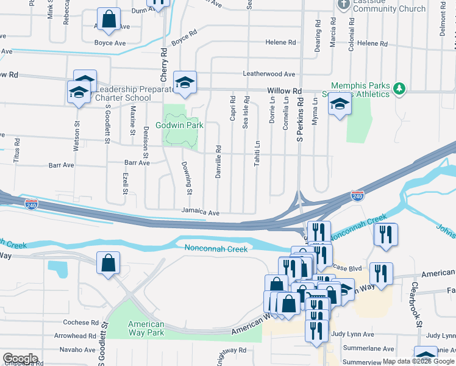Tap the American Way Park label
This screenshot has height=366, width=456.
coord(146,328)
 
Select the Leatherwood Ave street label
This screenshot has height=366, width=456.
coord(269,74)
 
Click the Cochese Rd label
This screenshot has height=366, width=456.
coord(80,322)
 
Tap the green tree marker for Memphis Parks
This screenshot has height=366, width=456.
coord(399,89)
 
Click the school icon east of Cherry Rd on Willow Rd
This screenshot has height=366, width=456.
coord(184,81)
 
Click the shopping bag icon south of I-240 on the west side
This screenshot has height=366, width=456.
coord(108,263)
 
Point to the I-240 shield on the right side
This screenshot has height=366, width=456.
coord(357,196)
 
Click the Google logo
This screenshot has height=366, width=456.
coord(20,359)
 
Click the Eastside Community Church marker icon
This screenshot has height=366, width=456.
coord(343,4)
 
